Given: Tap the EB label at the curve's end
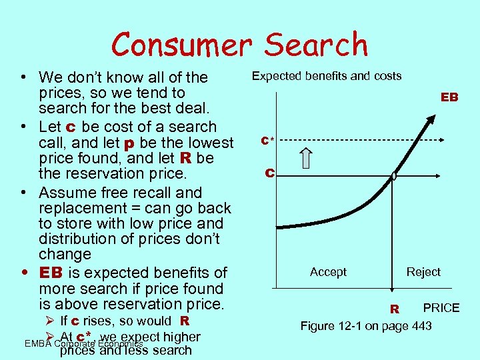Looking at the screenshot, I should coord(449,97).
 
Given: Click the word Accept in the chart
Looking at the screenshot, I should coord(328,272).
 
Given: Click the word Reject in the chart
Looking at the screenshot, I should coord(423,272).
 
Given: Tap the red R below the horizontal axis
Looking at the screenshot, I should coord(395,309).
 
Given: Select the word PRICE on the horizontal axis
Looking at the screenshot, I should coord(441,307).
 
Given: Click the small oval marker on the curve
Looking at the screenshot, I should coord(394,177).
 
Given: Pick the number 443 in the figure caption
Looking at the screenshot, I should coord(421,326).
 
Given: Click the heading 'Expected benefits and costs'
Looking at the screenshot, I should coord(326,76).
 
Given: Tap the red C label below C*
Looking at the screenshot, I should coord(269,173).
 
